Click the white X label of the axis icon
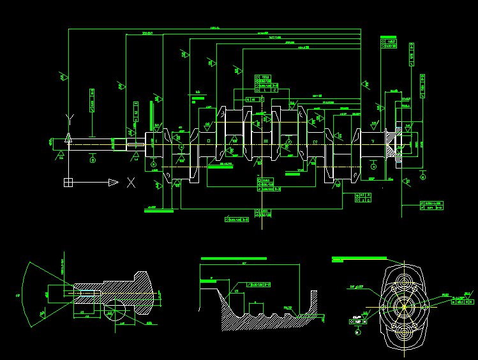click(x=131, y=183)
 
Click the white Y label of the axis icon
click(x=68, y=119)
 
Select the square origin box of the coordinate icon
click(x=68, y=183)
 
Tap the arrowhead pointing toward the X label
click(x=112, y=183)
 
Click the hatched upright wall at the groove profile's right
click(x=314, y=306)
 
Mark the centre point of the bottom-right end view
click(x=403, y=306)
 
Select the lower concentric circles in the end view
click(x=403, y=331)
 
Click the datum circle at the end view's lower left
click(x=357, y=331)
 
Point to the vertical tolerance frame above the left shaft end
click(x=92, y=101)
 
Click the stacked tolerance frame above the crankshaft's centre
click(x=267, y=84)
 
